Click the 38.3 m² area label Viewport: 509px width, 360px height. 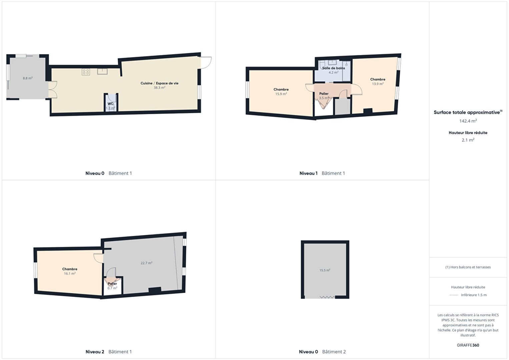point(159,87)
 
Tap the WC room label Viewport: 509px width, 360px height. point(110,104)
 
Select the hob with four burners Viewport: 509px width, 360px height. point(86,72)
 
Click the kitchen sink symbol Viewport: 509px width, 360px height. point(102,71)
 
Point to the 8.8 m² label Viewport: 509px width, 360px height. point(27,78)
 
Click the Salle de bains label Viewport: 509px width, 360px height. point(333,68)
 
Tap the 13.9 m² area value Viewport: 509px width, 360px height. point(378,84)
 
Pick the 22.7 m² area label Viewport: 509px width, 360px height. point(146,263)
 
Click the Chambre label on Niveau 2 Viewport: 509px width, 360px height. point(70,269)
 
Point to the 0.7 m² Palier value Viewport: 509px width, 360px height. point(112,288)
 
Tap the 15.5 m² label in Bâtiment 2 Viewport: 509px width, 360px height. point(325,270)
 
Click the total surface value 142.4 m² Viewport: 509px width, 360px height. point(468,121)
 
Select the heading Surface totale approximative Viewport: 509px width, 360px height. point(468,112)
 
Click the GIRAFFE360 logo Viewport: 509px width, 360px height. point(468,345)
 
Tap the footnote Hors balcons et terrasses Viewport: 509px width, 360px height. point(468,267)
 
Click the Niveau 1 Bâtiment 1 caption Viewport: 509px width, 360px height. point(322,173)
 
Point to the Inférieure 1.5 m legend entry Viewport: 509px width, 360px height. point(474,295)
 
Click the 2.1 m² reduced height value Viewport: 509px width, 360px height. point(468,140)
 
